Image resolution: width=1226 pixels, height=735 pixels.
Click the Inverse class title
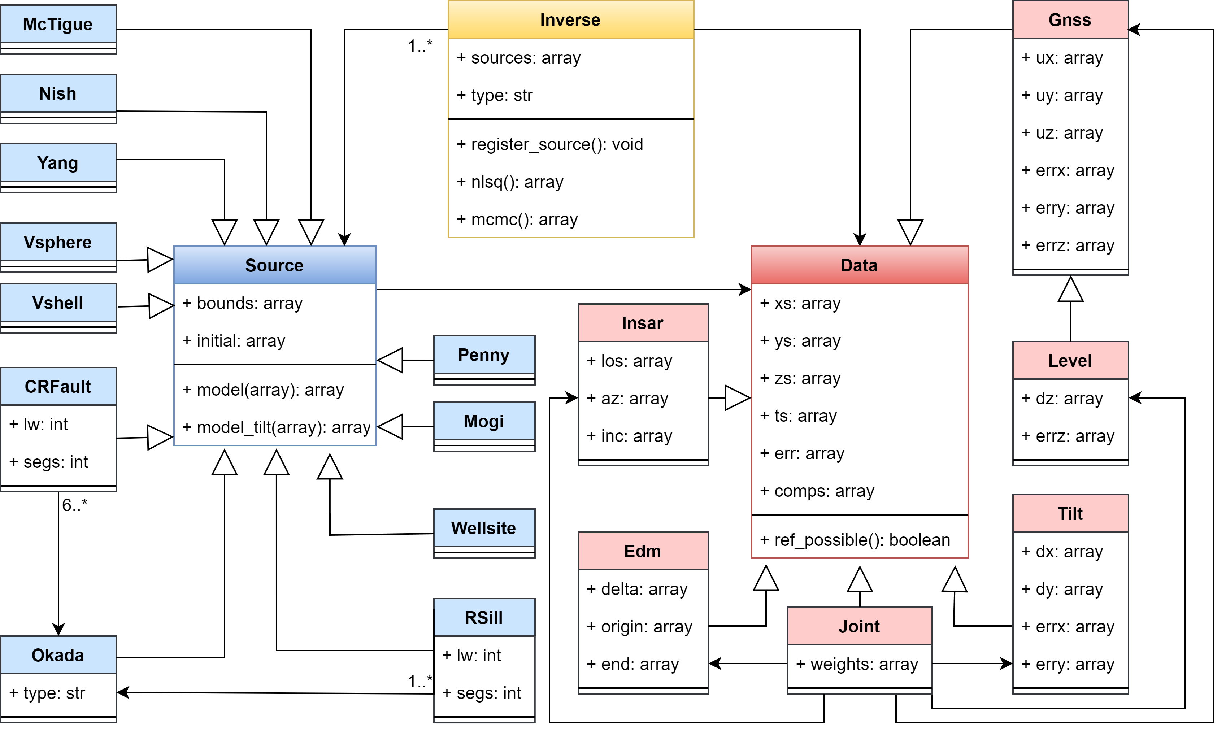click(570, 20)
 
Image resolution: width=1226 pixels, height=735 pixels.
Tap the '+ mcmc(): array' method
click(517, 219)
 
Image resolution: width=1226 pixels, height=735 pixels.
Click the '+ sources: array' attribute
click(518, 58)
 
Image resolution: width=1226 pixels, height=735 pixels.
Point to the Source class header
click(274, 265)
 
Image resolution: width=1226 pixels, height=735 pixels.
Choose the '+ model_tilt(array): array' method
click(276, 427)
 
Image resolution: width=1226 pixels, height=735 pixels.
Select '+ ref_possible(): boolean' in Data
click(855, 540)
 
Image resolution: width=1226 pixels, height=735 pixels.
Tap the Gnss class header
click(1070, 20)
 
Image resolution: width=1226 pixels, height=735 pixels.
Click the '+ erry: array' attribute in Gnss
click(1068, 208)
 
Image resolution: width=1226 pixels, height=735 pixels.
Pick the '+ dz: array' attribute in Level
click(1062, 399)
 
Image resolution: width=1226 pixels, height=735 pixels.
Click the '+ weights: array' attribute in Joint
click(857, 664)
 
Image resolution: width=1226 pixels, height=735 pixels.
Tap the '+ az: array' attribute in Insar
click(627, 399)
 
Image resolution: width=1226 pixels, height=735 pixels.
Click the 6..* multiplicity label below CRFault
click(74, 505)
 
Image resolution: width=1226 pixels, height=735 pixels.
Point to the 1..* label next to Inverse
click(420, 46)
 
